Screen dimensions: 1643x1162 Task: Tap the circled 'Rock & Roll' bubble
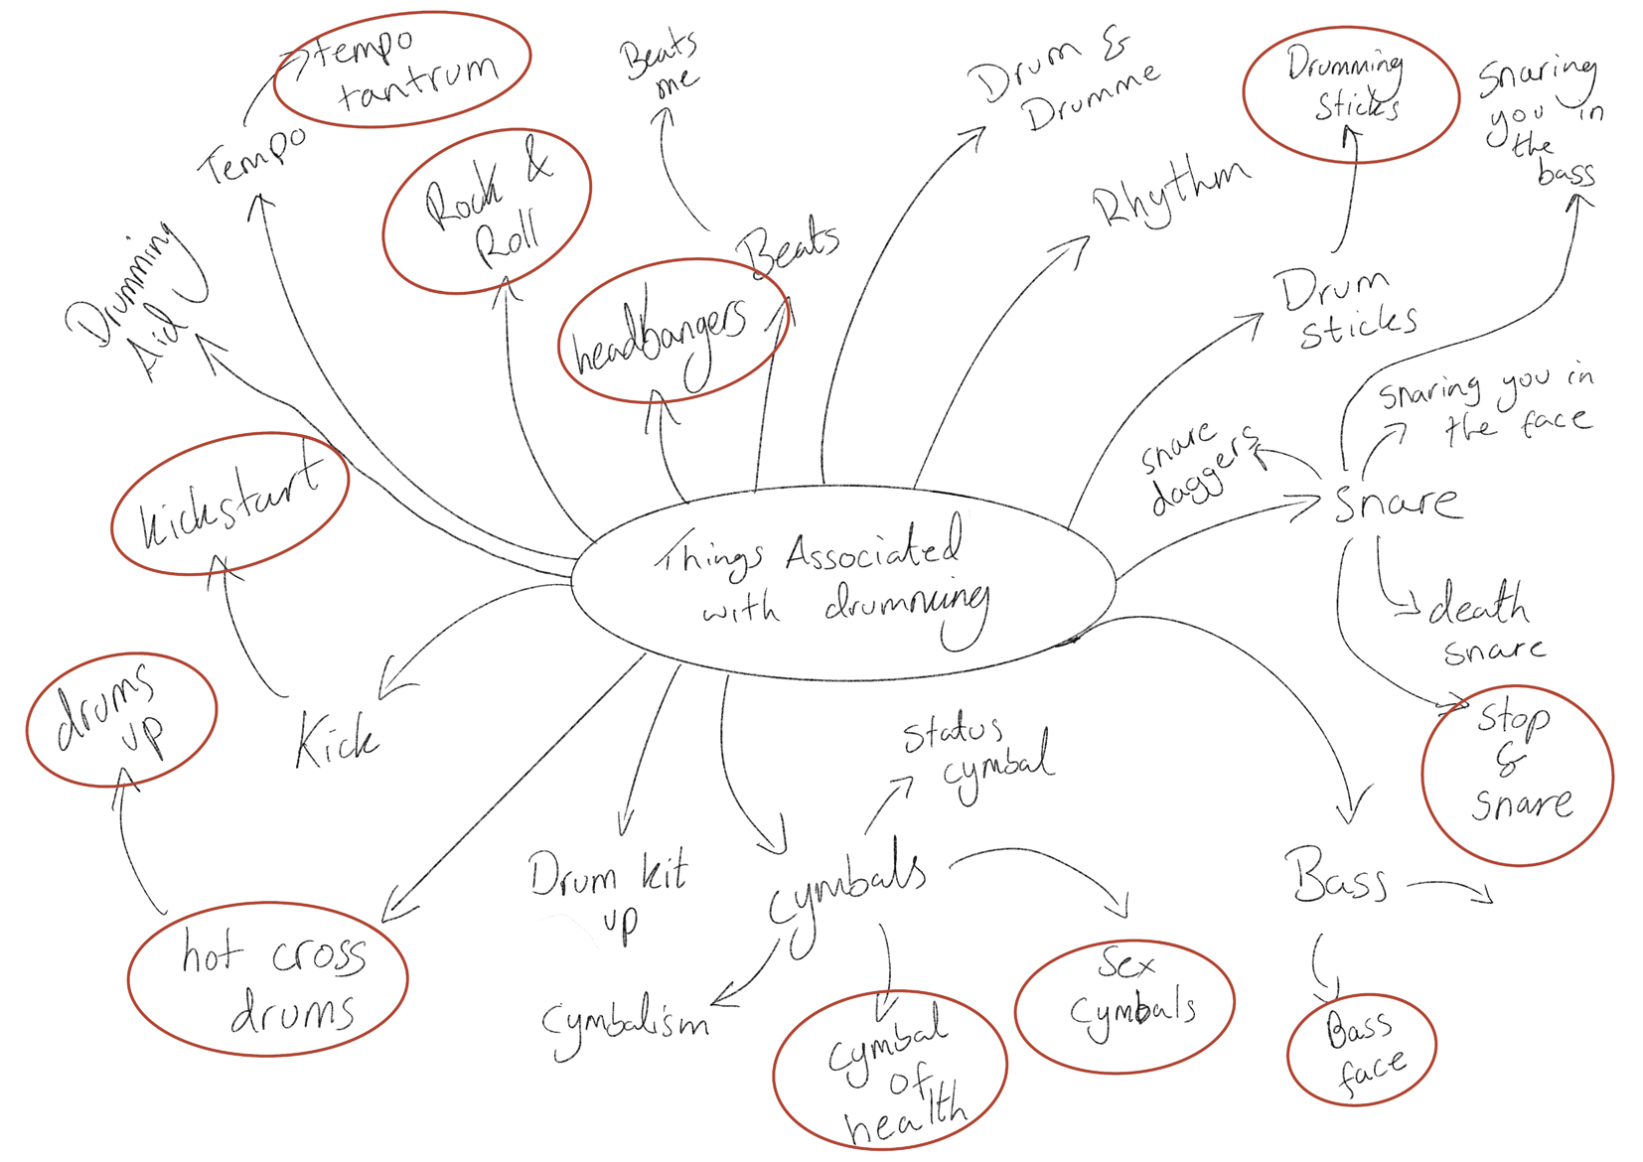pyautogui.click(x=487, y=212)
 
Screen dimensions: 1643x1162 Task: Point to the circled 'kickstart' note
pyautogui.click(x=229, y=504)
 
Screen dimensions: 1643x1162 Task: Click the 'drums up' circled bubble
pyautogui.click(x=120, y=719)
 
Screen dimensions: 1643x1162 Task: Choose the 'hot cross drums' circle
pyautogui.click(x=267, y=978)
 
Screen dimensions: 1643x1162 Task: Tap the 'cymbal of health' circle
pyautogui.click(x=890, y=1071)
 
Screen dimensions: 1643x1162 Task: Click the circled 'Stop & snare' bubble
pyautogui.click(x=1517, y=775)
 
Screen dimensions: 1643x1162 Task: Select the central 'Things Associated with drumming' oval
pyautogui.click(x=842, y=583)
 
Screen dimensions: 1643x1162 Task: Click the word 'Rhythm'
pyautogui.click(x=1169, y=192)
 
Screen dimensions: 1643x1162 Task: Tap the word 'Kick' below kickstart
pyautogui.click(x=336, y=741)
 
